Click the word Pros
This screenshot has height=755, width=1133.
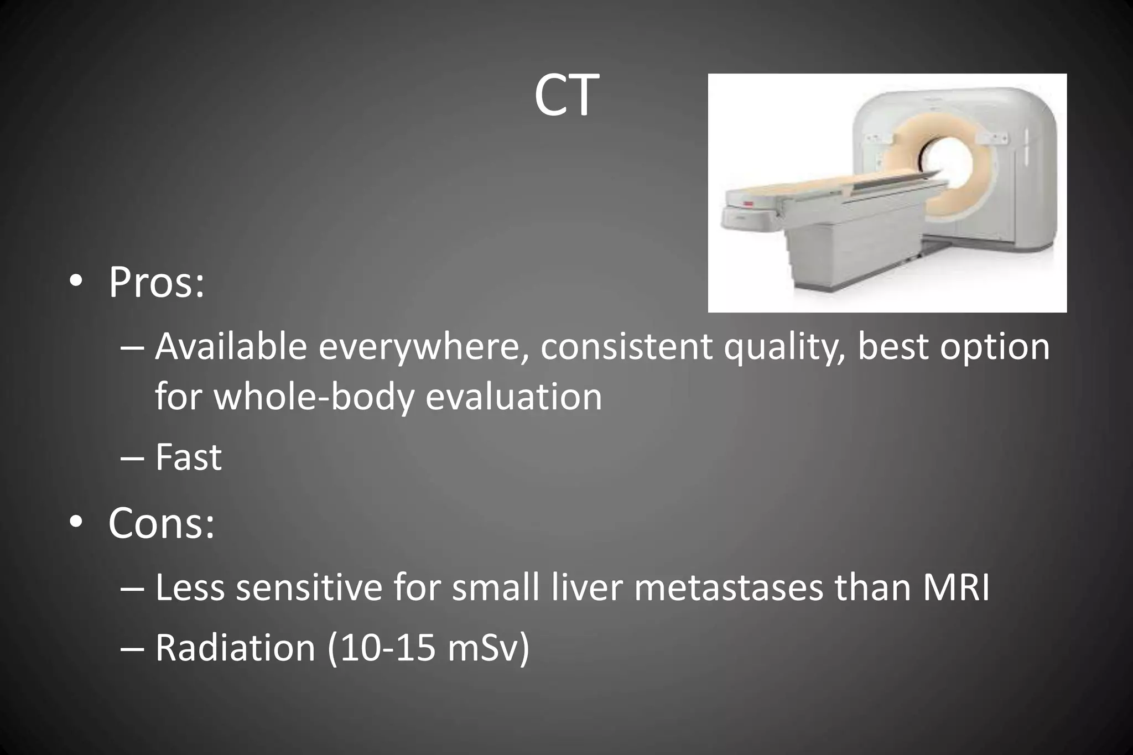156,283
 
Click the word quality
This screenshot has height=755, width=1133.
784,348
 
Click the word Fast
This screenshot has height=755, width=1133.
188,457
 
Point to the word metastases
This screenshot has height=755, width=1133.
729,587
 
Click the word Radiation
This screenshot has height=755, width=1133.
235,648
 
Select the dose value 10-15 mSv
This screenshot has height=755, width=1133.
429,648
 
